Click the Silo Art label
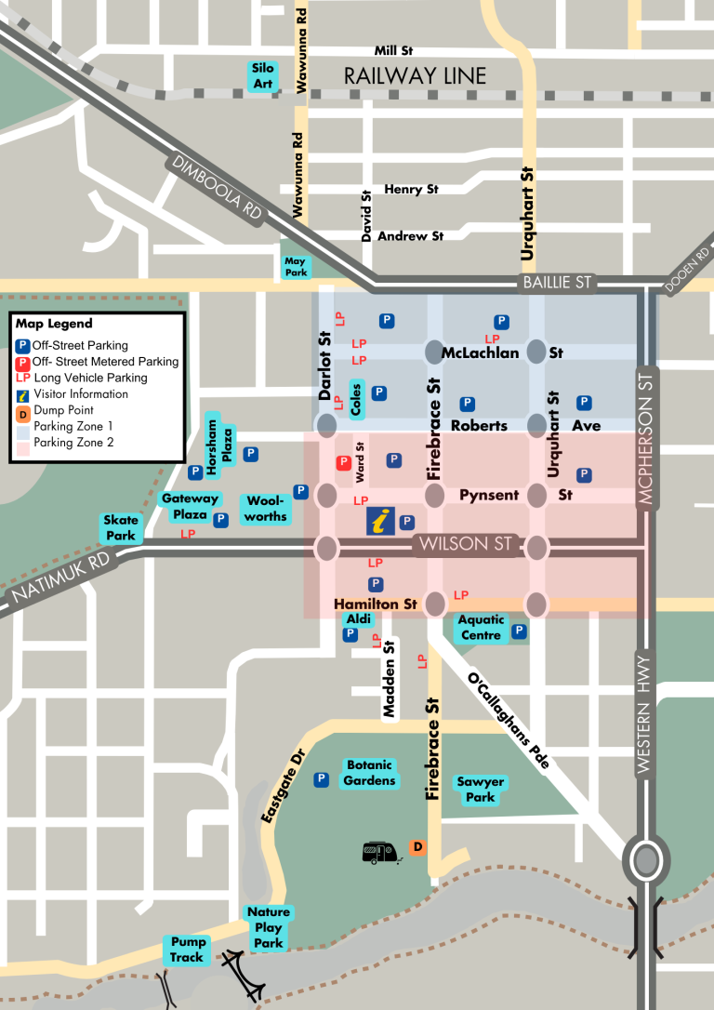click(263, 76)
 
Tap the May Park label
click(296, 268)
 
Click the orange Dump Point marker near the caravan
click(417, 846)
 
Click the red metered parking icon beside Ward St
click(343, 462)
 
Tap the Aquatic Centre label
click(481, 628)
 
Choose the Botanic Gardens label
click(369, 773)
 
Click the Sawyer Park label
click(480, 790)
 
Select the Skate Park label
click(120, 528)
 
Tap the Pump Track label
click(187, 950)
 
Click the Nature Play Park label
click(268, 927)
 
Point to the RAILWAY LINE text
click(415, 76)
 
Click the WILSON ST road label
click(464, 544)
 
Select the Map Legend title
click(54, 324)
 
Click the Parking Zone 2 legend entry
click(73, 443)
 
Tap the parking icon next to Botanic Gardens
click(321, 779)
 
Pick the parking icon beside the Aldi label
click(350, 634)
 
